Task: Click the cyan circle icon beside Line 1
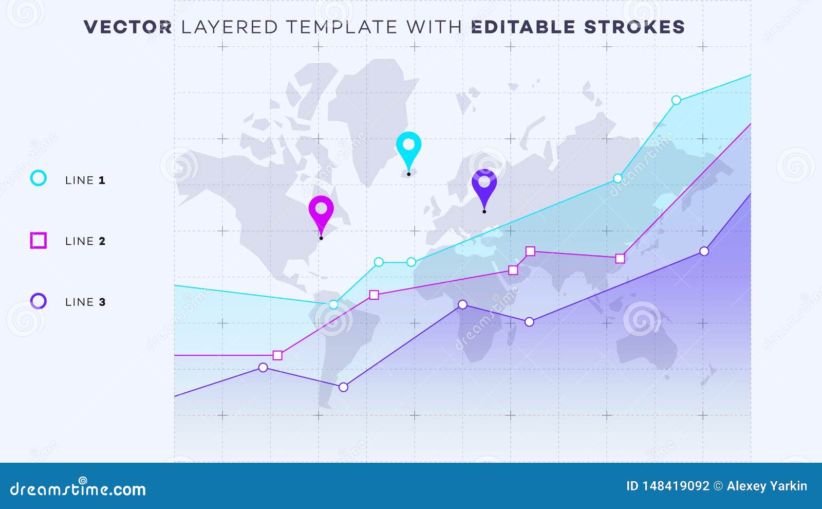tap(38, 178)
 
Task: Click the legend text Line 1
tap(85, 180)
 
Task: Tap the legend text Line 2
tap(85, 241)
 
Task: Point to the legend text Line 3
tap(85, 302)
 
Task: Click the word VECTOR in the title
tap(128, 27)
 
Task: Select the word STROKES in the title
tap(634, 27)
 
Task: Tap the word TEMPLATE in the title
tap(342, 27)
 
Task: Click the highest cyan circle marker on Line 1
tap(676, 100)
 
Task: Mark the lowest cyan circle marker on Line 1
tap(333, 304)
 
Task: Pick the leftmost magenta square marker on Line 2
tap(277, 355)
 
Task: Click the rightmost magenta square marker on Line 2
tap(620, 259)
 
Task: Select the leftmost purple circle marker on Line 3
tap(263, 367)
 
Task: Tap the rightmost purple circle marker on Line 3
tap(704, 251)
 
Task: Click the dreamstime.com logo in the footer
tap(78, 488)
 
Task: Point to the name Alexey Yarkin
tap(767, 486)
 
